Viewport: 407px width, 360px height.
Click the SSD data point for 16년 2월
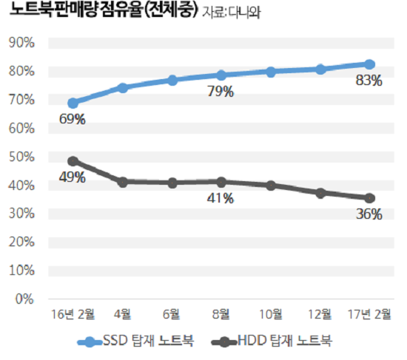pyautogui.click(x=73, y=103)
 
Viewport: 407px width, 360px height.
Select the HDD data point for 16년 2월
pyautogui.click(x=73, y=161)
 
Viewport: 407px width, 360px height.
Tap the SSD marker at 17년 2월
pyautogui.click(x=369, y=65)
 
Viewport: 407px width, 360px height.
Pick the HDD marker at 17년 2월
pyautogui.click(x=369, y=198)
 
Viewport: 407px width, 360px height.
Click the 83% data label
pyautogui.click(x=369, y=81)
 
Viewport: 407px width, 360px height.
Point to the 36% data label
pyautogui.click(x=369, y=214)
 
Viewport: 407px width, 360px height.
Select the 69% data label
pyautogui.click(x=73, y=120)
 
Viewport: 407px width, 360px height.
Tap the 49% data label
pyautogui.click(x=73, y=177)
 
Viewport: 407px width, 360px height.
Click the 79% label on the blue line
pyautogui.click(x=221, y=92)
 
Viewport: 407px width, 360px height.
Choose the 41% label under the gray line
pyautogui.click(x=221, y=197)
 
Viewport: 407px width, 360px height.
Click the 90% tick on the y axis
pyautogui.click(x=20, y=42)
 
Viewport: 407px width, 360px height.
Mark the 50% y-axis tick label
pyautogui.click(x=20, y=157)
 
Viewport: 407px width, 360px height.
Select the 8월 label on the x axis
pyautogui.click(x=221, y=314)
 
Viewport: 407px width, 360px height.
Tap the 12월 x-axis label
pyautogui.click(x=320, y=314)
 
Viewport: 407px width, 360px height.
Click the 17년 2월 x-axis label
pyautogui.click(x=369, y=314)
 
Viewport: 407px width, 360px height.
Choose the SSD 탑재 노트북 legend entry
pyautogui.click(x=136, y=341)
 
